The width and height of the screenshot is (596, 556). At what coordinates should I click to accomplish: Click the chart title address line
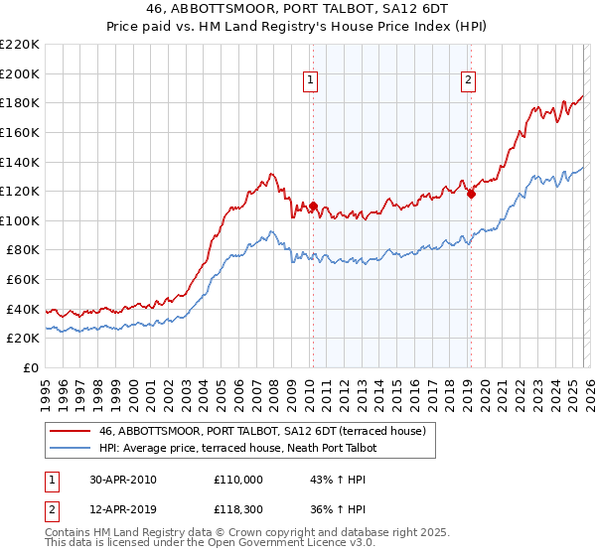point(298,9)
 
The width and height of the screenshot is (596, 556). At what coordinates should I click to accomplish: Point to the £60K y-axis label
point(23,280)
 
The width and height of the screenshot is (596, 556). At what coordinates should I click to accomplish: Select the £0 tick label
point(32,368)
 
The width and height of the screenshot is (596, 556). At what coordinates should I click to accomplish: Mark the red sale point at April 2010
point(313,207)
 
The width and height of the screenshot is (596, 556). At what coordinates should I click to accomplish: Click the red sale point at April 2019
point(471,194)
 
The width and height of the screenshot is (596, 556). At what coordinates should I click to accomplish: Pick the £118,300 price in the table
point(238,510)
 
